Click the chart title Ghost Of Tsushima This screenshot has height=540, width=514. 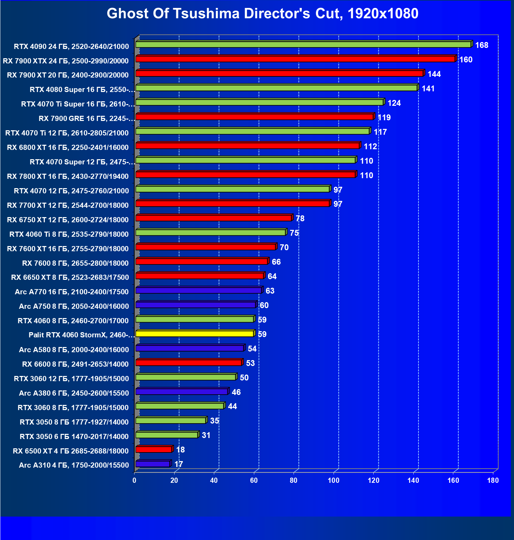click(x=262, y=14)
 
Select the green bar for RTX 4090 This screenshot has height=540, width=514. click(x=304, y=44)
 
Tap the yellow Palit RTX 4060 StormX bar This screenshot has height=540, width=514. click(x=195, y=334)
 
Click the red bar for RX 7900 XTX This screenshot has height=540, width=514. click(x=295, y=59)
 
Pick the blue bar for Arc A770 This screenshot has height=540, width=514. click(x=199, y=291)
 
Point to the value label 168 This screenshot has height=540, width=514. click(x=482, y=45)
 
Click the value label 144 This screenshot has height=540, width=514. click(x=434, y=74)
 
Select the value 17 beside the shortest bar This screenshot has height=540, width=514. click(x=178, y=464)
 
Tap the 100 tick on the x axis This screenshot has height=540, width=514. click(x=333, y=480)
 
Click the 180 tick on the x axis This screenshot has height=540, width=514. click(x=493, y=480)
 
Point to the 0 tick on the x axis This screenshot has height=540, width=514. click(x=135, y=480)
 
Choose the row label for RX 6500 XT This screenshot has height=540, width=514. click(x=71, y=451)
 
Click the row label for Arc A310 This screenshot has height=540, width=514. click(x=74, y=465)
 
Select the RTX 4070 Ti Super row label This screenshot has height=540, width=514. click(x=78, y=104)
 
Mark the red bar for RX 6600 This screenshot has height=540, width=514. click(x=189, y=363)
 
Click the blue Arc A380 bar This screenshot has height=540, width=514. click(x=182, y=391)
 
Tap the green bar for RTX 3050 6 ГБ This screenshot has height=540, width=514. click(x=167, y=435)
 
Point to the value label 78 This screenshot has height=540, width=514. click(x=300, y=218)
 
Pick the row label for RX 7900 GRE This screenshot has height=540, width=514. click(x=86, y=119)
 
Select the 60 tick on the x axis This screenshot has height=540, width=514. click(x=254, y=480)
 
